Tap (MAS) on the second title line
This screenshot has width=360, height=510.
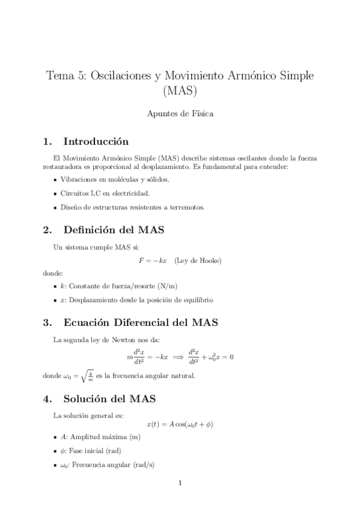(180, 91)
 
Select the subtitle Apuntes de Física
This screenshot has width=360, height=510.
(180, 113)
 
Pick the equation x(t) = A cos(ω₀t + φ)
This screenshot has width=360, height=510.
(180, 424)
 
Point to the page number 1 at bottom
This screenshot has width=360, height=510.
(180, 483)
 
